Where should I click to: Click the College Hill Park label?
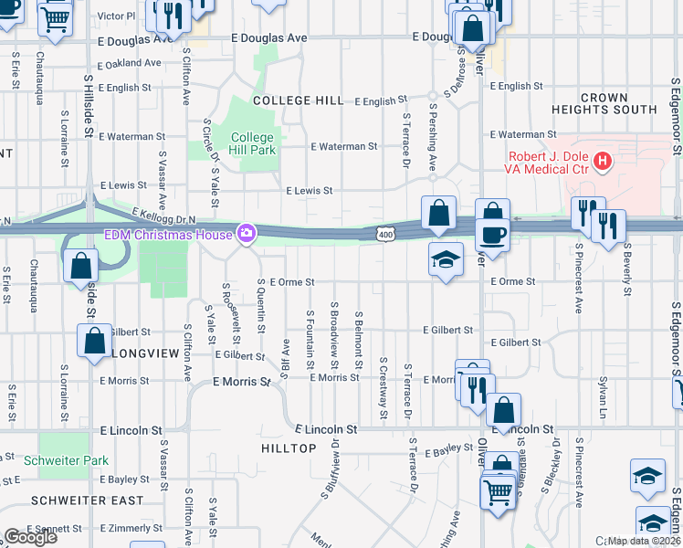coord(252,143)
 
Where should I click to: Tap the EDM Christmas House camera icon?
coord(246,235)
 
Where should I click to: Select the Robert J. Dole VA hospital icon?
coord(602,163)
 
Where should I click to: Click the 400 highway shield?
coord(386,236)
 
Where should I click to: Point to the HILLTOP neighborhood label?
coord(288,448)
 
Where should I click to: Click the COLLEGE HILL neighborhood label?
coord(299,100)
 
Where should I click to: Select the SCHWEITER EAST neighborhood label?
coord(87,501)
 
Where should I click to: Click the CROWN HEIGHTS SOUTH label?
coord(604,103)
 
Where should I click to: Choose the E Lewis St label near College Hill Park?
coord(309,191)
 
